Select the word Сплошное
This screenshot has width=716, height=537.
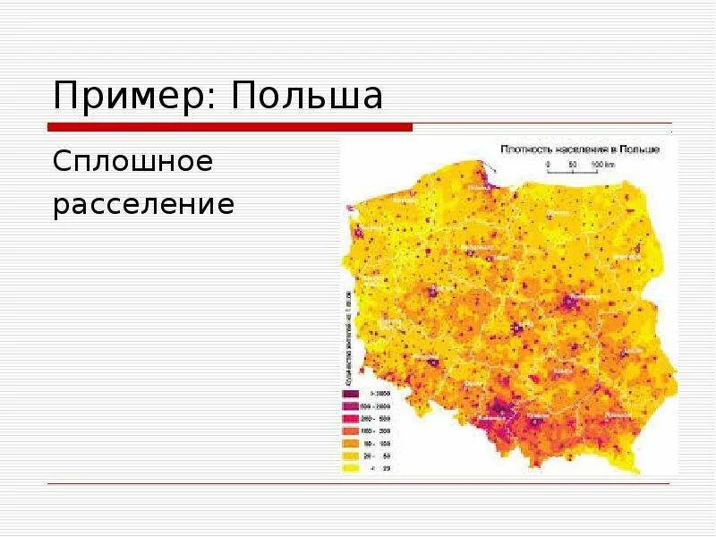point(133,163)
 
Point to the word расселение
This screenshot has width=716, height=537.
point(144,206)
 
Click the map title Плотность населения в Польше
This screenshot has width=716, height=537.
point(580,149)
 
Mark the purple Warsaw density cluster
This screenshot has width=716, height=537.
point(570,303)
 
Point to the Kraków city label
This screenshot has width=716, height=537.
point(538,415)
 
